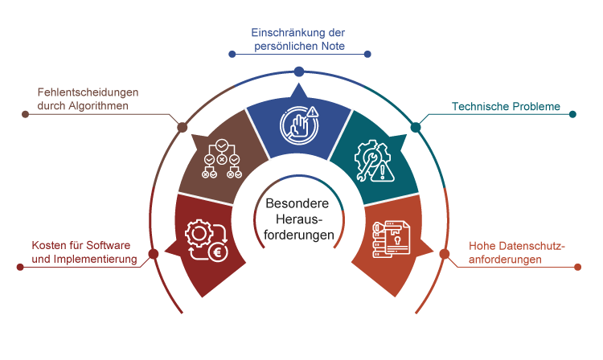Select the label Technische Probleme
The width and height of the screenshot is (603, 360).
506,105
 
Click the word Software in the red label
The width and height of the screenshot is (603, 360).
109,245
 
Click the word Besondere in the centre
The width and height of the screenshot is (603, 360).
297,205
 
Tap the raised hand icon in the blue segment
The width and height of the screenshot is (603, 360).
299,124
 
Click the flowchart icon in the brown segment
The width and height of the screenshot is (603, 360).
221,158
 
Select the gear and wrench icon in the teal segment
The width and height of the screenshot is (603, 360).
372,158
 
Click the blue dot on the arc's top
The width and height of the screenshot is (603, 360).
298,72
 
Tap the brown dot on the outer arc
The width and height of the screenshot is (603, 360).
183,127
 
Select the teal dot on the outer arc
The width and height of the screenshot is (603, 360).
416,127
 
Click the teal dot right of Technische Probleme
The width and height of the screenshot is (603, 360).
572,114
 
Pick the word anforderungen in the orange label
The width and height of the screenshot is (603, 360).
506,260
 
